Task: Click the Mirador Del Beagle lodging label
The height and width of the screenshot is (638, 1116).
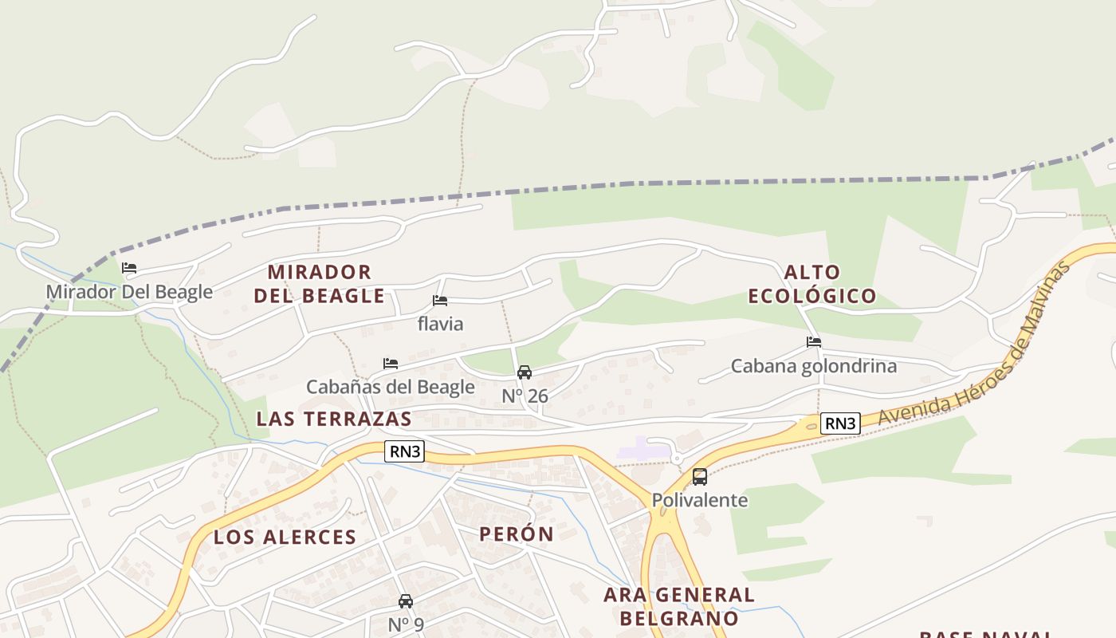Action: [x=129, y=292]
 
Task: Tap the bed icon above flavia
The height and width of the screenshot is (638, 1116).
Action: [x=439, y=301]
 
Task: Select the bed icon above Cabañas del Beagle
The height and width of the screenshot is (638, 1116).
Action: [x=391, y=364]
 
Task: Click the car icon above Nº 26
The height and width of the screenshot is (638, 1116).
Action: [x=525, y=372]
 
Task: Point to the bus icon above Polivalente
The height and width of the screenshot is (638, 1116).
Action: [x=700, y=477]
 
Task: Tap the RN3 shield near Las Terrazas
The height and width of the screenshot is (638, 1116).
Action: [x=404, y=451]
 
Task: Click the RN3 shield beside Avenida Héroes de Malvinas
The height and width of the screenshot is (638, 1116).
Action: [x=840, y=423]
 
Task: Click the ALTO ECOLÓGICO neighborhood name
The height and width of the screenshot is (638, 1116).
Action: [x=812, y=285]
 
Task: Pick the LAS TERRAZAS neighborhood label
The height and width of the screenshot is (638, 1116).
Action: [x=334, y=419]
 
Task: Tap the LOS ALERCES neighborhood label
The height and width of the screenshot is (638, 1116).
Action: [x=285, y=538]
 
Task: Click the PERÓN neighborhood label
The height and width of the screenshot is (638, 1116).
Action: [x=517, y=534]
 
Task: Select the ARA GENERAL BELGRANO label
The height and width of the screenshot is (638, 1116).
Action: [x=679, y=606]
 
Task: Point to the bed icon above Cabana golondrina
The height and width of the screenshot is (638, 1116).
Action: [x=814, y=342]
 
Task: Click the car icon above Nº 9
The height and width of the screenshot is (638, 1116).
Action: [x=406, y=601]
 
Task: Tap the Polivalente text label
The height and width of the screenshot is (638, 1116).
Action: [x=700, y=500]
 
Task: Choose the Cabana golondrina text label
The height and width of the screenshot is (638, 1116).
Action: [x=814, y=366]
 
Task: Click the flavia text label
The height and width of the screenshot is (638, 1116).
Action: [x=440, y=324]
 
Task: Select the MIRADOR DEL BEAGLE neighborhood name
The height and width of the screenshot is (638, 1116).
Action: [x=320, y=284]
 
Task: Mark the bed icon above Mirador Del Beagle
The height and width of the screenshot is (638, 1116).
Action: [x=129, y=268]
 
